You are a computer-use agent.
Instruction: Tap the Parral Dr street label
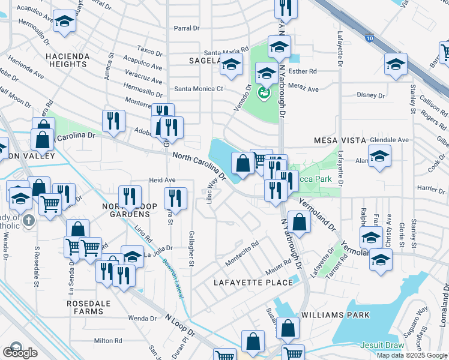186,28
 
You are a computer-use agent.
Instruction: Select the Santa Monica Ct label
199,89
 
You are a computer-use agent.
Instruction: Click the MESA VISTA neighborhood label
340,140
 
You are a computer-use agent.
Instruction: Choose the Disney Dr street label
370,95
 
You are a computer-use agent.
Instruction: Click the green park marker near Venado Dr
262,93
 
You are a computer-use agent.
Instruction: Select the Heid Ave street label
162,180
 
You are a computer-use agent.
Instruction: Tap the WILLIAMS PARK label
336,314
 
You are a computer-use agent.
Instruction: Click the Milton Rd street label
108,341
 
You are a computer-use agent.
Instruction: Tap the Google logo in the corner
20,352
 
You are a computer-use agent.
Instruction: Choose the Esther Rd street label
303,71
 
